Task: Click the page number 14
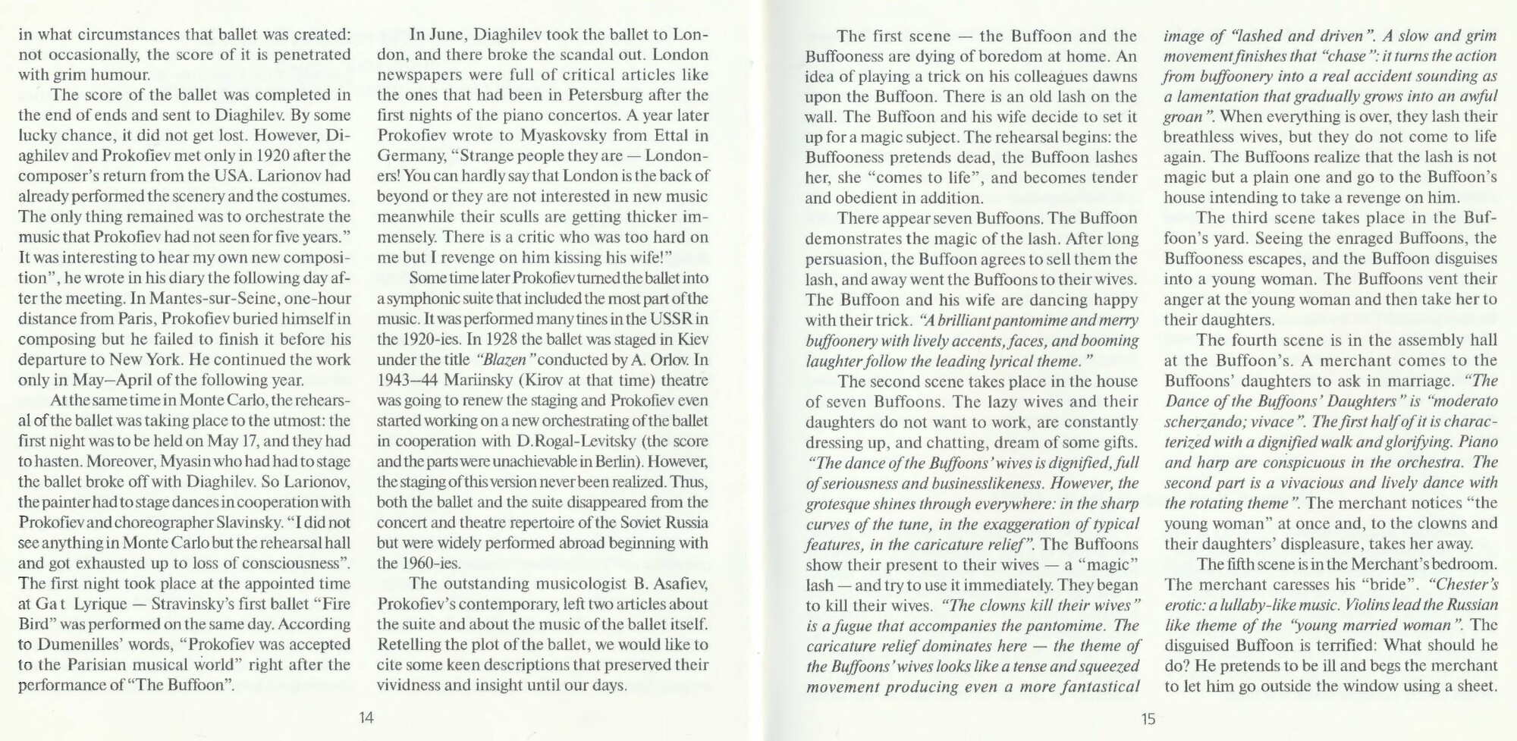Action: (x=366, y=718)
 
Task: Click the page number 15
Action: (x=1148, y=718)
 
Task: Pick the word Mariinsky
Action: (x=489, y=380)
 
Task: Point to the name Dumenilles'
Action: (x=83, y=645)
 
